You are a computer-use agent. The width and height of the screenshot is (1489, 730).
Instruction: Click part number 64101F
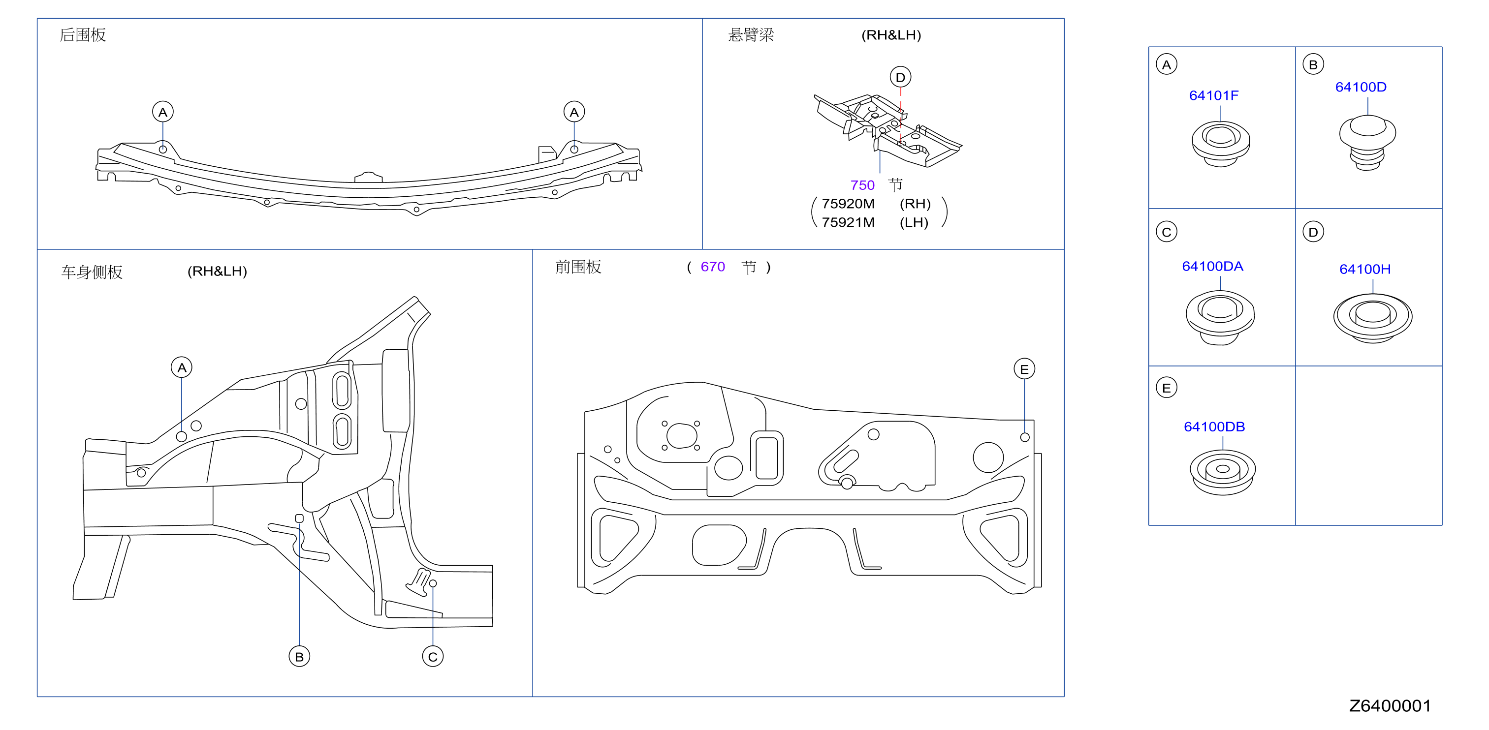(1213, 95)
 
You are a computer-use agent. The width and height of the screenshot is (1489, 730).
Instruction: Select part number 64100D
(1360, 87)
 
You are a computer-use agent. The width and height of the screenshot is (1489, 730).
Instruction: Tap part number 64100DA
(1212, 266)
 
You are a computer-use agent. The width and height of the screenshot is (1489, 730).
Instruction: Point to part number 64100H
(1365, 269)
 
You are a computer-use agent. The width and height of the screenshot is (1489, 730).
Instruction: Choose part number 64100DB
(1214, 427)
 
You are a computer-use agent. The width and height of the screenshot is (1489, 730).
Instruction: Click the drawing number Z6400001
(1390, 706)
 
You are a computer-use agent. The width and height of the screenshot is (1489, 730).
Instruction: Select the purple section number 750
(862, 185)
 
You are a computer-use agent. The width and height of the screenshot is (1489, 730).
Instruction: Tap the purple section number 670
(712, 267)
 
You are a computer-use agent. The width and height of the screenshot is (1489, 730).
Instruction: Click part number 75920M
(848, 204)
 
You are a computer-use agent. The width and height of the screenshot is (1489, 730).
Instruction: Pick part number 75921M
(848, 222)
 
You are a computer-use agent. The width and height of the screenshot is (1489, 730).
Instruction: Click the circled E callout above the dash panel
(1024, 369)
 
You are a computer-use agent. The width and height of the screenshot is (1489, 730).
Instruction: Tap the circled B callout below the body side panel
(299, 657)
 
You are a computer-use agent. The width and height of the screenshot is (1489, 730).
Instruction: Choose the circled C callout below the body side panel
(433, 657)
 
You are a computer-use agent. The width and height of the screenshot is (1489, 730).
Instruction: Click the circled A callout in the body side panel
(182, 367)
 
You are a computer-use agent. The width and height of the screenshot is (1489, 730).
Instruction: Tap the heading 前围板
(578, 267)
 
